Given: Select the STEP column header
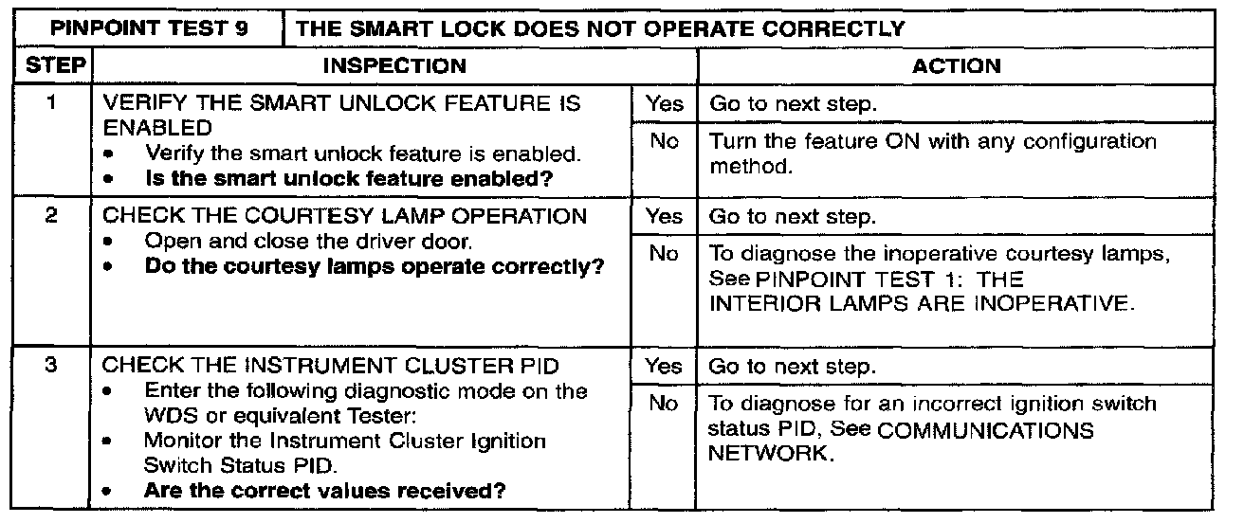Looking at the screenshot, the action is click(47, 65).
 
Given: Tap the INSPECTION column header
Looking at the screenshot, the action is click(395, 65).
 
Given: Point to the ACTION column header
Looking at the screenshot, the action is click(956, 65).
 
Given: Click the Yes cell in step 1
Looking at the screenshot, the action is click(664, 105).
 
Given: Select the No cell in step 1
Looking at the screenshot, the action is click(664, 142).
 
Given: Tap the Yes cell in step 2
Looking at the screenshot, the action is click(664, 217).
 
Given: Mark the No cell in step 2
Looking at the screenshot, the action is click(664, 254).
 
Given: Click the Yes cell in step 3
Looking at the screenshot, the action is click(664, 366).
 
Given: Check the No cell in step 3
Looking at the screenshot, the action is click(664, 404).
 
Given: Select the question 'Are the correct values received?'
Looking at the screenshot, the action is click(324, 491).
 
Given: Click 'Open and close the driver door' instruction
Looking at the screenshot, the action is click(309, 242).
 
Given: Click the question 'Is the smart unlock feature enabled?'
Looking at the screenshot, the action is click(349, 178).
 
